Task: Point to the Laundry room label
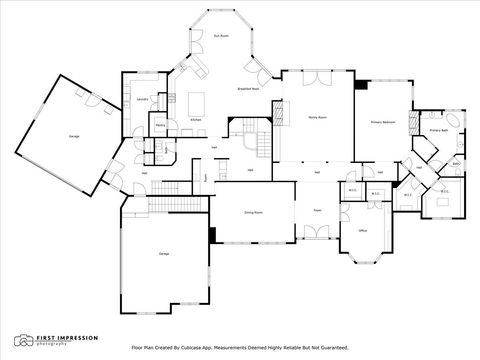point(143,100)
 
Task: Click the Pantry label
point(160,125)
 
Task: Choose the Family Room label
point(317,117)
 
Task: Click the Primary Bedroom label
point(384,121)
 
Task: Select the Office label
point(363,230)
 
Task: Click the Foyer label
point(317,211)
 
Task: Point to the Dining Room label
point(253,212)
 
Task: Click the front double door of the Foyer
point(317,238)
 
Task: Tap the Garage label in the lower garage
point(163,254)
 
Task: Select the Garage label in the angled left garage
point(74,134)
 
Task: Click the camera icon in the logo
point(22,340)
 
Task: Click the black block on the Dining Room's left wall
point(213,234)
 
